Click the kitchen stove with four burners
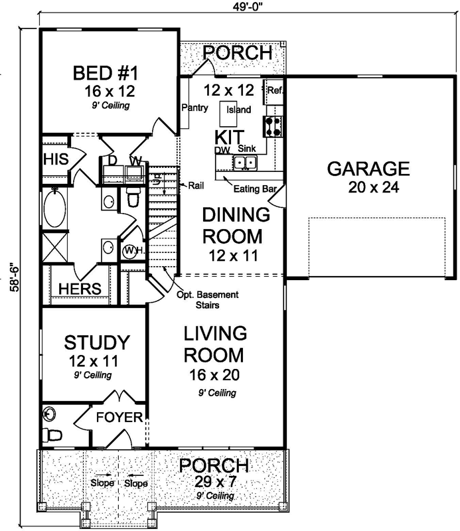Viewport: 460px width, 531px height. click(273, 125)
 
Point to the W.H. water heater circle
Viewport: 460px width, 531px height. click(131, 251)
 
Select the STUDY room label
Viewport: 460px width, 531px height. click(96, 342)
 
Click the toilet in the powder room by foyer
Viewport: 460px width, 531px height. click(52, 435)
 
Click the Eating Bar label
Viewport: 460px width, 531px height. click(254, 189)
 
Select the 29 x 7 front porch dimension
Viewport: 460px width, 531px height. click(215, 481)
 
